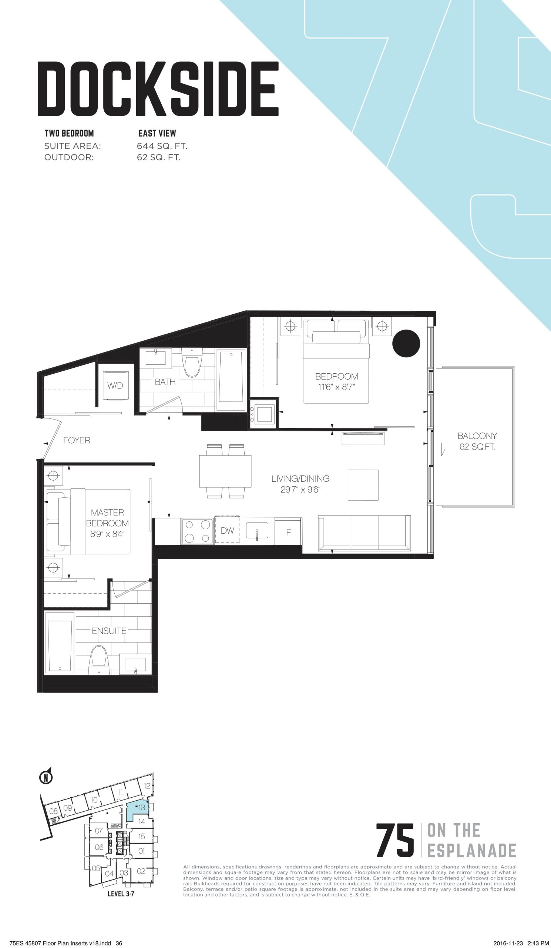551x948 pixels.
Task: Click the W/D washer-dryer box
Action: pyautogui.click(x=115, y=385)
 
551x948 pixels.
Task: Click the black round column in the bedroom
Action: pyautogui.click(x=406, y=343)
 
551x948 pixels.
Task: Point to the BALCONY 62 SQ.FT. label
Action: pyautogui.click(x=477, y=441)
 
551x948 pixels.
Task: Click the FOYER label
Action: pyautogui.click(x=77, y=440)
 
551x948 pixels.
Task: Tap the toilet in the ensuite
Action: pyautogui.click(x=99, y=660)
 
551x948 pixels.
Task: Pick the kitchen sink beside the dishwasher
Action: pyautogui.click(x=257, y=530)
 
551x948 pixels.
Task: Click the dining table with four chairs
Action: pyautogui.click(x=225, y=471)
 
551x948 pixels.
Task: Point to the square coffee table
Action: pyautogui.click(x=363, y=484)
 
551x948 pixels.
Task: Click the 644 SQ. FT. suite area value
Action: pyautogui.click(x=162, y=146)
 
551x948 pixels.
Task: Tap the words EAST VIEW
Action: pyautogui.click(x=157, y=133)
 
